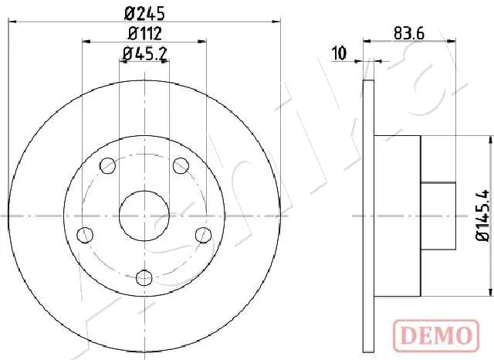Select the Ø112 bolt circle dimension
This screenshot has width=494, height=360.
pos(144,33)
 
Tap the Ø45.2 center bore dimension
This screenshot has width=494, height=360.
pos(144,53)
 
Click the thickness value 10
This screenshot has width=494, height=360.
pos(337,53)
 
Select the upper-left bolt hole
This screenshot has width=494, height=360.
pos(108,165)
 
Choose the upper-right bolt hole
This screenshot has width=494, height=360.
pos(181,165)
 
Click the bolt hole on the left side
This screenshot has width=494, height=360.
pos(86,233)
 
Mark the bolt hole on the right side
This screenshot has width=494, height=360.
pos(203,233)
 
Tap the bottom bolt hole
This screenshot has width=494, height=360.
pos(144,276)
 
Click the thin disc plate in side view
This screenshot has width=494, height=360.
pos(368,214)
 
